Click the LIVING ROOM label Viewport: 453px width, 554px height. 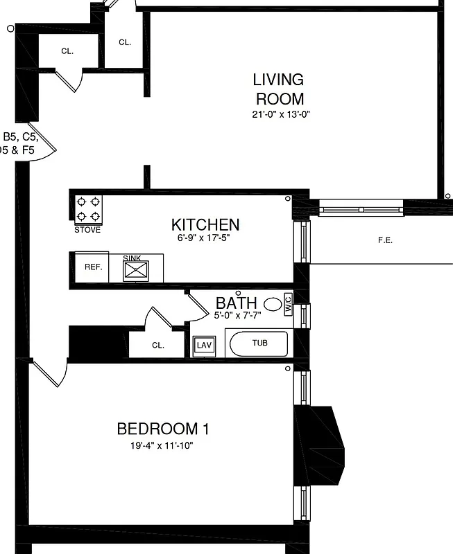coord(278,89)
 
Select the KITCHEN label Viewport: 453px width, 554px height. coord(205,224)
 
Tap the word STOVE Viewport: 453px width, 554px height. coord(87,230)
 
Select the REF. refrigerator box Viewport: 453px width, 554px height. coord(93,267)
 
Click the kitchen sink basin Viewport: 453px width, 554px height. coord(136,270)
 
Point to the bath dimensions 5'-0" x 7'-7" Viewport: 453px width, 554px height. coord(238,315)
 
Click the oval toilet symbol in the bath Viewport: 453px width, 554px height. coord(273,303)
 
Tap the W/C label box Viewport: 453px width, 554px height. coord(288,303)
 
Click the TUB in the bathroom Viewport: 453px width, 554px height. coord(259,343)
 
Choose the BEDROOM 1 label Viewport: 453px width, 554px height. coord(163,429)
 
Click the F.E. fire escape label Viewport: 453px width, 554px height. coord(385,240)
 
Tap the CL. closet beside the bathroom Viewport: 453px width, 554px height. coord(157,345)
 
